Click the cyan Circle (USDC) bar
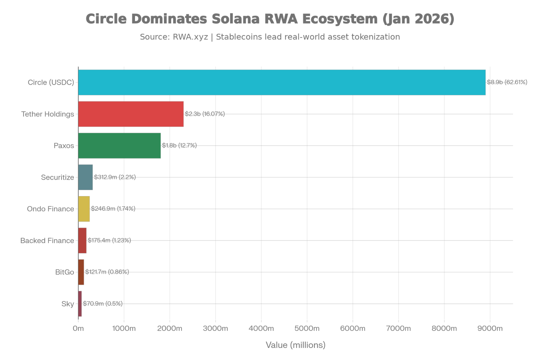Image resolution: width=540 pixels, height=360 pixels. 282,82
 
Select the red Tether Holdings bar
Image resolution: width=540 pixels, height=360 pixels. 131,114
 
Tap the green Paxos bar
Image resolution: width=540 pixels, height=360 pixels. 119,146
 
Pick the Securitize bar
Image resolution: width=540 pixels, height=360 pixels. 86,177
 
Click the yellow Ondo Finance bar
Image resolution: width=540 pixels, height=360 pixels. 84,209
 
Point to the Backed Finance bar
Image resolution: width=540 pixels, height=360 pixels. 82,240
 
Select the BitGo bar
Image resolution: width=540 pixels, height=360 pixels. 81,272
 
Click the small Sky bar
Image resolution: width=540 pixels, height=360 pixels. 80,304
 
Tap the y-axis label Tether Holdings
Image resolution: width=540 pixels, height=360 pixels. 48,114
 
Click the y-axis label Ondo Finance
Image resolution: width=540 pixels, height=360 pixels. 50,209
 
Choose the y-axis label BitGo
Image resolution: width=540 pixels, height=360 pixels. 64,272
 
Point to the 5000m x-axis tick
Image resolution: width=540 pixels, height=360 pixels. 307,329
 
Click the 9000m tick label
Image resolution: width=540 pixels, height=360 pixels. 490,329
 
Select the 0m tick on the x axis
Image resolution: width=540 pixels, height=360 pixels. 78,329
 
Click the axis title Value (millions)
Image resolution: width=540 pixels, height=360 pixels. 296,345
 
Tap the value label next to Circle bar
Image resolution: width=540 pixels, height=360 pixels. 507,82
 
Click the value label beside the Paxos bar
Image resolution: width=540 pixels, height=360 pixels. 179,146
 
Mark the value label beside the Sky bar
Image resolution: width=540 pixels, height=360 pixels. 103,304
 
